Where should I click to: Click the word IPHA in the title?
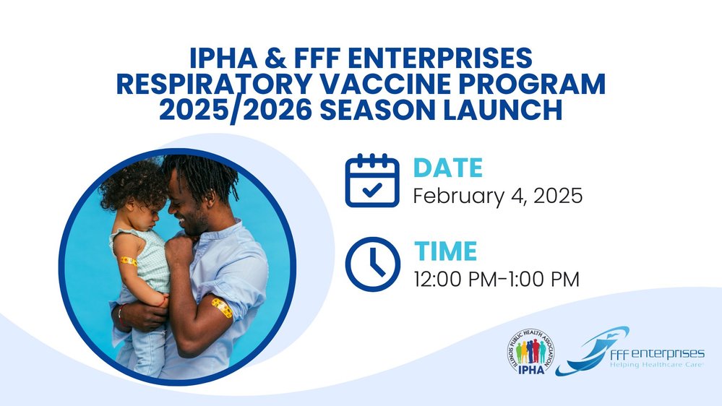[223, 58]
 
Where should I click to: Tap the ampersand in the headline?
[275, 58]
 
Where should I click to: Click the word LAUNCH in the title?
[502, 111]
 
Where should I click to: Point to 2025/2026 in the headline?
[235, 111]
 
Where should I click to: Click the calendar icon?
[372, 180]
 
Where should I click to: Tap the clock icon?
[372, 264]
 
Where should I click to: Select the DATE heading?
[448, 168]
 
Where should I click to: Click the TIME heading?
[446, 251]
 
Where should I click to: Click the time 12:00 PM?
[455, 280]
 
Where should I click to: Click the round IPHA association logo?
[531, 351]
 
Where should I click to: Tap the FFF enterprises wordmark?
[657, 353]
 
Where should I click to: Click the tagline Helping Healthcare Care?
[657, 365]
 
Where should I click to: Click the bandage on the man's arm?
[222, 308]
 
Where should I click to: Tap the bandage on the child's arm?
[129, 261]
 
